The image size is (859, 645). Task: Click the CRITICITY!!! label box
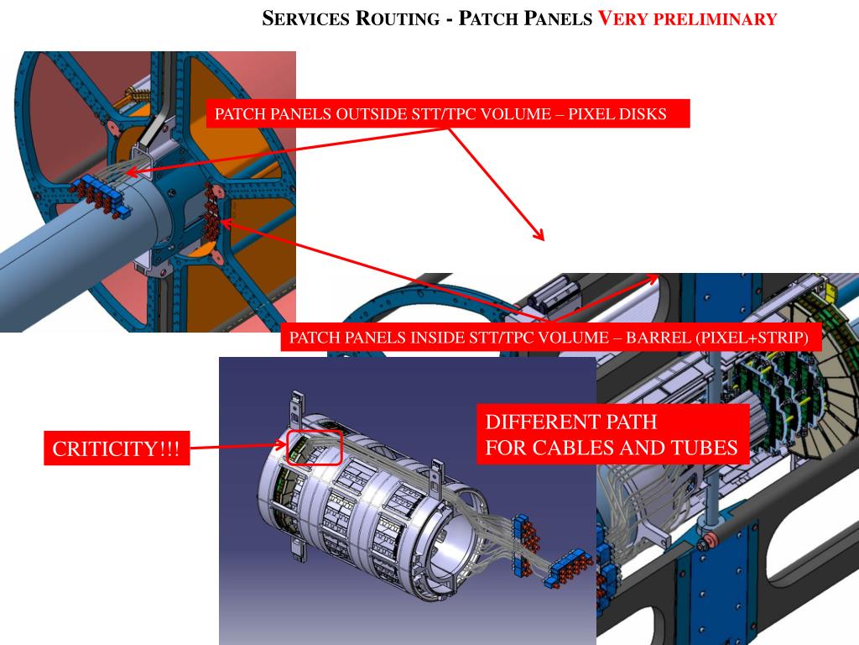(116, 449)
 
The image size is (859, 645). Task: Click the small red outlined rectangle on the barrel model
(315, 447)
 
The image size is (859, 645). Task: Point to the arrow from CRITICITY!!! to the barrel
(238, 447)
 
